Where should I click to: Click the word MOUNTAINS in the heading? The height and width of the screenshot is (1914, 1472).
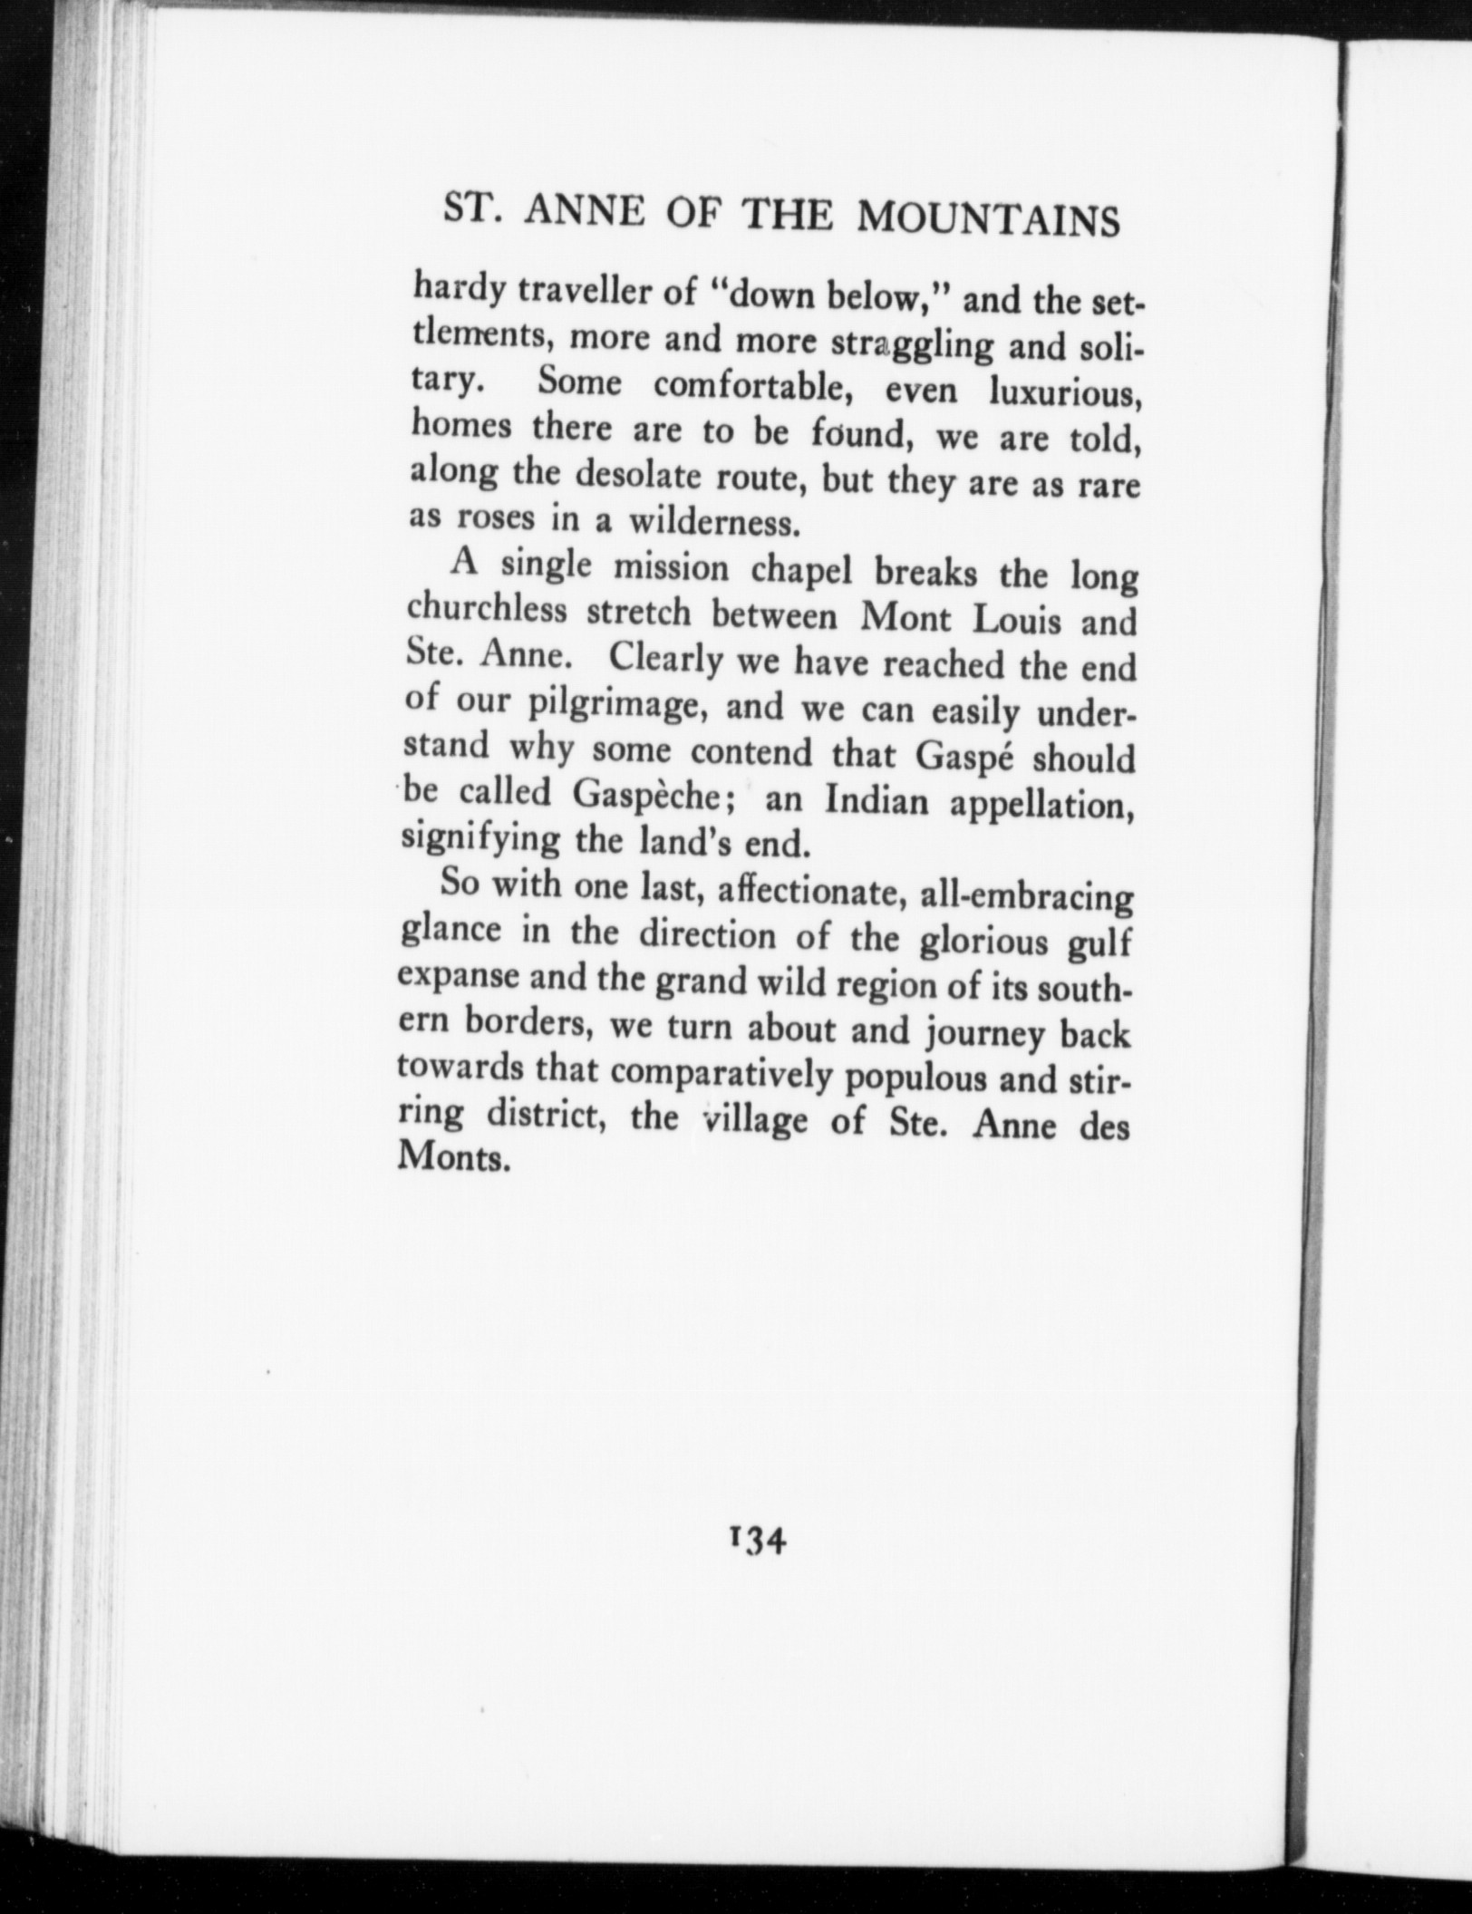tap(988, 221)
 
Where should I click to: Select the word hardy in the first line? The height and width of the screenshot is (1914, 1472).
tap(456, 291)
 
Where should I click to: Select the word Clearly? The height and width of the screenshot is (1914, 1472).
tap(664, 662)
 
